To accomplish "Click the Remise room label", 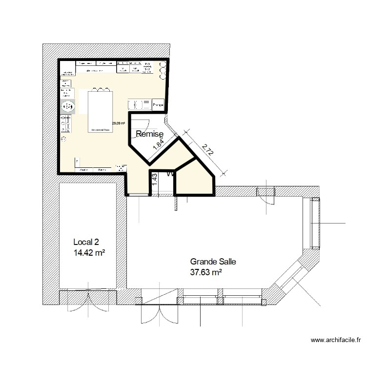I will [149, 134].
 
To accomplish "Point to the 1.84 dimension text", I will [157, 144].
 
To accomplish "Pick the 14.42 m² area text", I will [89, 253].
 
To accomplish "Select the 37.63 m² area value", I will [206, 272].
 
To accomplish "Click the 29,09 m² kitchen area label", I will [119, 123].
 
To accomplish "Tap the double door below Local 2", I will [88, 301].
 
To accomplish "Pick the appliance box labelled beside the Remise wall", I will [158, 105].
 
